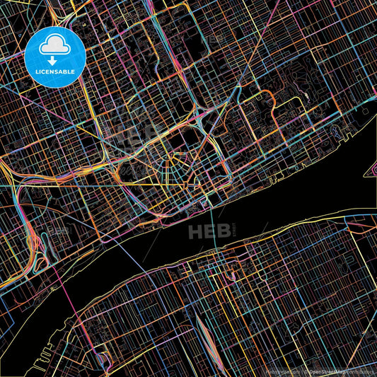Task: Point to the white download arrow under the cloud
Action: [54, 61]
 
